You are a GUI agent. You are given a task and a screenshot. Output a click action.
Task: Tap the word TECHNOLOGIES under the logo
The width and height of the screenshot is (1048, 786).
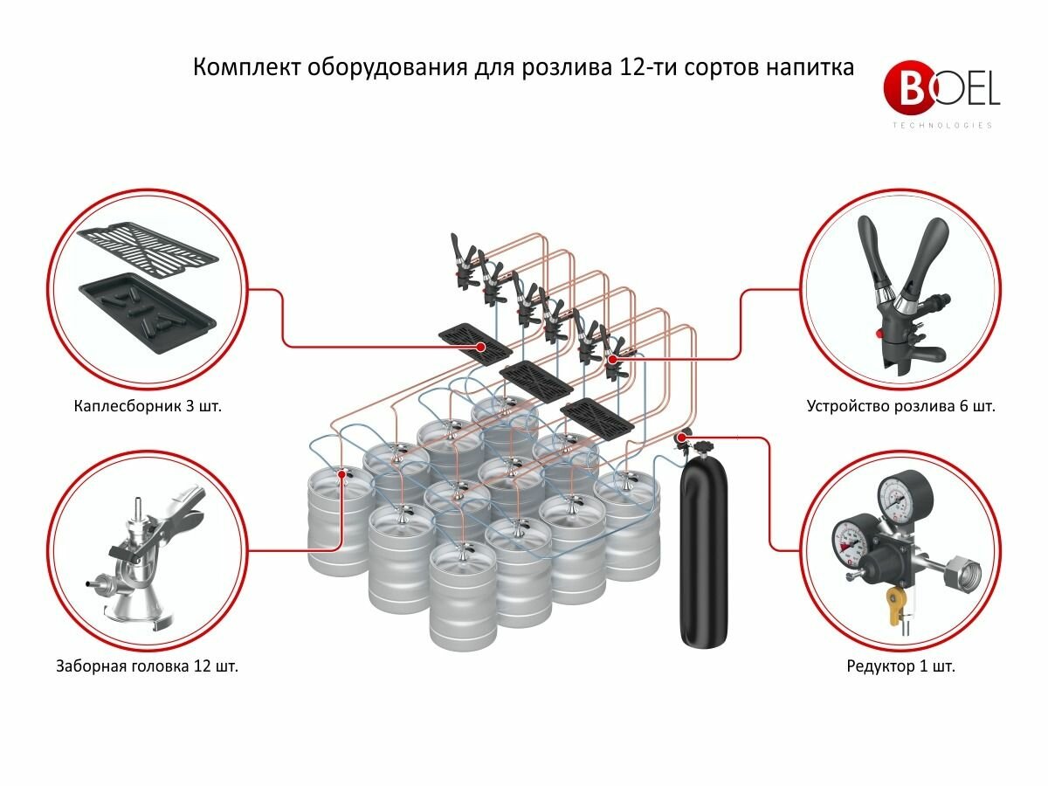click(942, 126)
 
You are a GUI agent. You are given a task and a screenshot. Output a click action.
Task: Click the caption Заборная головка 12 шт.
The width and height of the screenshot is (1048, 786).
click(147, 666)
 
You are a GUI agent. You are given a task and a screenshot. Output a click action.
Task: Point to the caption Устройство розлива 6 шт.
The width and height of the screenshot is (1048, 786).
click(900, 406)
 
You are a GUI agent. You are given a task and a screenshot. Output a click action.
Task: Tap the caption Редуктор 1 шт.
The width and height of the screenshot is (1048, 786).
click(900, 666)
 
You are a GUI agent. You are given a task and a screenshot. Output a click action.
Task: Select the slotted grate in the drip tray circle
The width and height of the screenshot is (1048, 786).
click(148, 249)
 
